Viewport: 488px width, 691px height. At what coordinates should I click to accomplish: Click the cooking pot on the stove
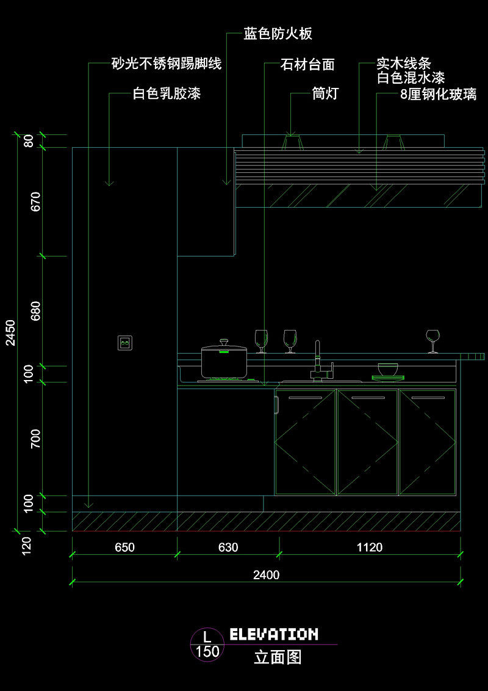click(x=224, y=362)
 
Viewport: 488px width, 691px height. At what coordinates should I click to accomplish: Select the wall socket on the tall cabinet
click(x=125, y=343)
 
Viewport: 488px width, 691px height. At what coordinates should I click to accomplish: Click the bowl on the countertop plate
click(x=388, y=369)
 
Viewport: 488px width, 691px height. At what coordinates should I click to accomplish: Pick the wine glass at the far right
click(x=433, y=340)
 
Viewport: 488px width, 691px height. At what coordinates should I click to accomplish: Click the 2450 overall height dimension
click(x=10, y=333)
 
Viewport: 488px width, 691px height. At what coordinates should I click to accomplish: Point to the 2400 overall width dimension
click(x=266, y=575)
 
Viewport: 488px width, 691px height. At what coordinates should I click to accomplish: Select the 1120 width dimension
click(x=370, y=547)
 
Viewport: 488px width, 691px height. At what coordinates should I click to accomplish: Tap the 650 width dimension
click(x=124, y=547)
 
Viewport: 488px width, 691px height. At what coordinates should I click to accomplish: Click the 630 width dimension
click(x=228, y=547)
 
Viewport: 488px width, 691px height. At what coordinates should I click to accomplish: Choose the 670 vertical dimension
click(x=35, y=202)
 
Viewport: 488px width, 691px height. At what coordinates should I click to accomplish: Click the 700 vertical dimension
click(x=35, y=439)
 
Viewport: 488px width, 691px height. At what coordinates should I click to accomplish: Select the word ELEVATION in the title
click(x=274, y=634)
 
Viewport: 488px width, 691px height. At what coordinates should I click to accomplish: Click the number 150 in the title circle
click(x=207, y=651)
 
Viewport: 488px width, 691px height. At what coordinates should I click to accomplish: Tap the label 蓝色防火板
click(x=278, y=34)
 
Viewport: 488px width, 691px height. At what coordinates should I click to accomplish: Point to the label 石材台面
click(x=307, y=65)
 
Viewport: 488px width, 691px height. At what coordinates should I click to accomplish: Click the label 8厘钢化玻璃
click(x=438, y=94)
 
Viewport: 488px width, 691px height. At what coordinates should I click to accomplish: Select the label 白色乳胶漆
click(x=167, y=93)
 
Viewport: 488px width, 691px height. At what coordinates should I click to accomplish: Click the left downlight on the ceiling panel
click(x=293, y=142)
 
